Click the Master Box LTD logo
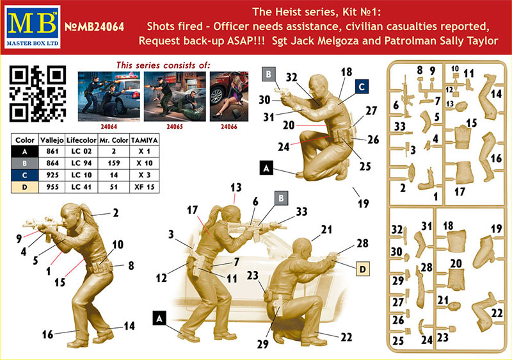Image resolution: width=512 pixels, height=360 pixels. (33, 27)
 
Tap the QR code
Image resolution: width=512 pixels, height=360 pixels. (38, 94)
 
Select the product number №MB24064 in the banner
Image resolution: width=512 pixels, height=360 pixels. (94, 27)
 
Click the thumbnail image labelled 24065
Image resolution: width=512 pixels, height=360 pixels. (175, 97)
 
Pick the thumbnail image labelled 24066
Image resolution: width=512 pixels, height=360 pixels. (229, 97)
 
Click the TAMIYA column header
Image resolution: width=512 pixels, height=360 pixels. (145, 140)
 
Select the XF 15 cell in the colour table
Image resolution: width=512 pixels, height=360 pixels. (145, 187)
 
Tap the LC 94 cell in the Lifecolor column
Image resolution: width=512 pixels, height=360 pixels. (81, 163)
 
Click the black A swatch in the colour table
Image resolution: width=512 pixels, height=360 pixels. (25, 152)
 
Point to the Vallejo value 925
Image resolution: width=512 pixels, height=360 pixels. (52, 175)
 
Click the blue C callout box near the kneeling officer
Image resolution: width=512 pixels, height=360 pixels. (362, 87)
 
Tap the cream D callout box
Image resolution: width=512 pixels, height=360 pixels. (362, 269)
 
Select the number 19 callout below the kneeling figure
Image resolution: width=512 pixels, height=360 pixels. (364, 204)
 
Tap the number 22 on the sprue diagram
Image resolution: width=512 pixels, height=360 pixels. (497, 313)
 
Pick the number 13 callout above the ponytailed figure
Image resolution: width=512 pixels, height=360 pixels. (236, 188)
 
